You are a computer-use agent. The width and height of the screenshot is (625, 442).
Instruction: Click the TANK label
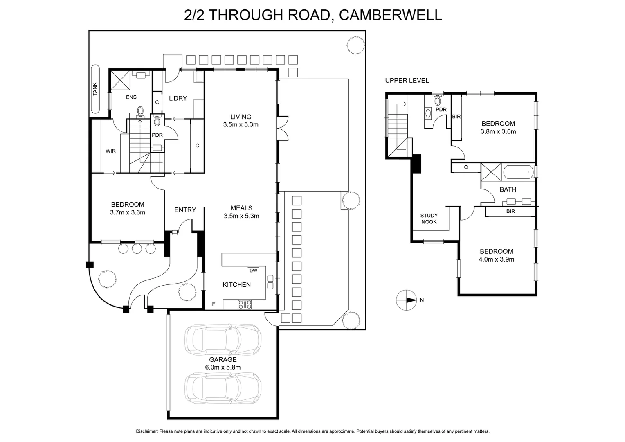[95, 89]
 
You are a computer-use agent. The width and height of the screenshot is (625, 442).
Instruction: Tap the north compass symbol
[406, 300]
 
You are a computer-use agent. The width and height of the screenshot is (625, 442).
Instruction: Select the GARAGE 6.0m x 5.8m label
[223, 363]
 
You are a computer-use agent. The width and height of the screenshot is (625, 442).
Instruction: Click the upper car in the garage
[223, 339]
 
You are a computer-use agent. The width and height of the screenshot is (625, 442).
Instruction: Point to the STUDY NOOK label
[429, 219]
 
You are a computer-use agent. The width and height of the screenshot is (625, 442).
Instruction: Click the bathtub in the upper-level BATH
[518, 172]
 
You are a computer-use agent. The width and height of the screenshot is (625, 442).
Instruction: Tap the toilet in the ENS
[141, 111]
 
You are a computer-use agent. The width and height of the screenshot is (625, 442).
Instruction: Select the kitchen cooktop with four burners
[245, 304]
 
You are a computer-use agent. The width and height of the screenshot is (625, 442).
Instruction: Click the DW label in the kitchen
[253, 271]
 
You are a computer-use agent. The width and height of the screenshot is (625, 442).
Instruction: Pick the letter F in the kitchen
[213, 304]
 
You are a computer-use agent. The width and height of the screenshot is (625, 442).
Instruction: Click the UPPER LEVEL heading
[407, 81]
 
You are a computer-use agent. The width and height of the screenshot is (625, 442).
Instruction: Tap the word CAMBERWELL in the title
[391, 15]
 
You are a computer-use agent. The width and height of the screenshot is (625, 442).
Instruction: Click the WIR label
[110, 151]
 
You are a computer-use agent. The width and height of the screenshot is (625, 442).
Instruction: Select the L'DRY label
[178, 98]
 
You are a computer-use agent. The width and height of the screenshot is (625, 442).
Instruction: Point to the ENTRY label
[185, 210]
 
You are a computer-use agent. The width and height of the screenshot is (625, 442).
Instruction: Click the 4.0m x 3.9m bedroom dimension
[497, 259]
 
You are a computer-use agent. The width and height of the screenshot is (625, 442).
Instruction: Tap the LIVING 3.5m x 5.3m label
[241, 121]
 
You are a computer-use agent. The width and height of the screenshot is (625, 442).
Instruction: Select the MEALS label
[241, 208]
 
